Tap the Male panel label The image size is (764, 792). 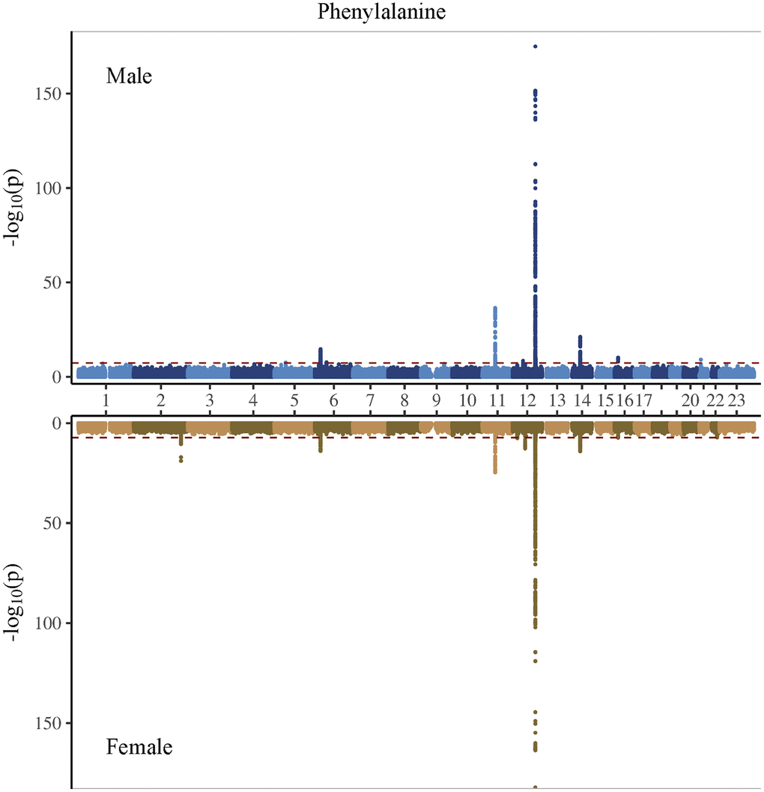tap(129, 76)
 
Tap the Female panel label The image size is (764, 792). tap(139, 747)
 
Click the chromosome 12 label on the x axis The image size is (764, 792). tap(526, 400)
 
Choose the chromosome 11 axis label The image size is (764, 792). tap(496, 400)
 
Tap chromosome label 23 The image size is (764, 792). tap(736, 400)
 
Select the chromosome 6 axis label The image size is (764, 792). tap(333, 400)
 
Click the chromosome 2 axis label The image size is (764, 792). tap(160, 400)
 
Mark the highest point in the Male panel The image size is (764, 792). tap(535, 46)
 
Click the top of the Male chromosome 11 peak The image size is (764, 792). tap(495, 308)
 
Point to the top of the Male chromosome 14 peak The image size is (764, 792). tap(580, 337)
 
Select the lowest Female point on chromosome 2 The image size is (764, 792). tap(181, 461)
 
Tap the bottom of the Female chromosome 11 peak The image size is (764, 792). tap(495, 472)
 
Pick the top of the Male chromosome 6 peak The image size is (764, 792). tap(321, 349)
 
